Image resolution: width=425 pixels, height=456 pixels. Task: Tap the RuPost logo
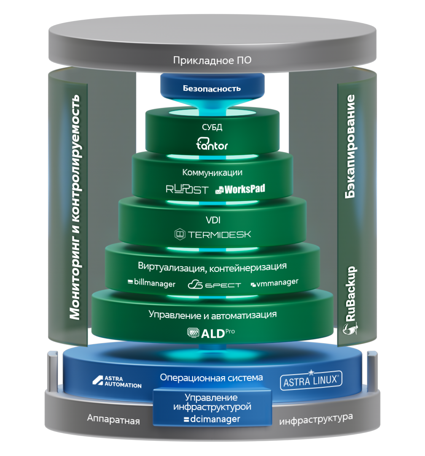click(x=187, y=189)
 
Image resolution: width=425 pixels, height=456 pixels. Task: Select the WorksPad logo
click(x=240, y=189)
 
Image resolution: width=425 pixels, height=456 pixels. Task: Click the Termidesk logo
click(x=212, y=233)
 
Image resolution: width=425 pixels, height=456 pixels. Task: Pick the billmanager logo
click(x=151, y=283)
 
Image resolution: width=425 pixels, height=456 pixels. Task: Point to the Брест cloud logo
click(x=214, y=284)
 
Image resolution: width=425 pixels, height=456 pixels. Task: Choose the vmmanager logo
click(x=274, y=282)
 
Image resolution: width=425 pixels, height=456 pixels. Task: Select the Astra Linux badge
click(x=311, y=381)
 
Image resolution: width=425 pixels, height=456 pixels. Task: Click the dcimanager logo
click(x=212, y=419)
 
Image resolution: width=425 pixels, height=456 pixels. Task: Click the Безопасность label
click(x=212, y=88)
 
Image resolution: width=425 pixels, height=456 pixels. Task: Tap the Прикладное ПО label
click(x=212, y=60)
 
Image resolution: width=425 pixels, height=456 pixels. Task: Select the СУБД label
click(x=212, y=127)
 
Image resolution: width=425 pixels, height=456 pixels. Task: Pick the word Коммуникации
click(x=212, y=172)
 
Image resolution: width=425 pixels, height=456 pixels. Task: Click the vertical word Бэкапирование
click(x=350, y=147)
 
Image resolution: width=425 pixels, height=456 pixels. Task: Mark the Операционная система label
click(x=211, y=377)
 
